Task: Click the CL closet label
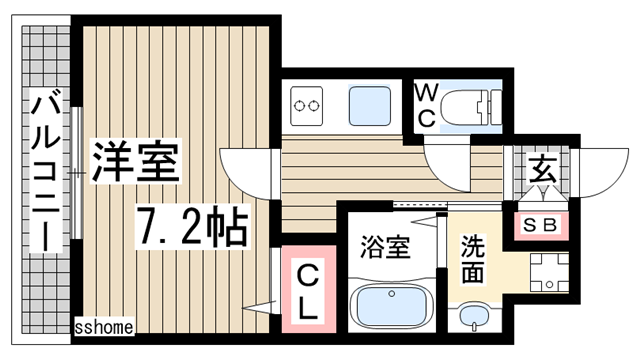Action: [x=309, y=290]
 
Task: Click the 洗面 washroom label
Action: [x=472, y=258]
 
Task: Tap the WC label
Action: [x=426, y=106]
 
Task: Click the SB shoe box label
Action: [x=541, y=224]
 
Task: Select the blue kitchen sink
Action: [x=370, y=102]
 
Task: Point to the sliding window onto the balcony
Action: [x=75, y=170]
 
